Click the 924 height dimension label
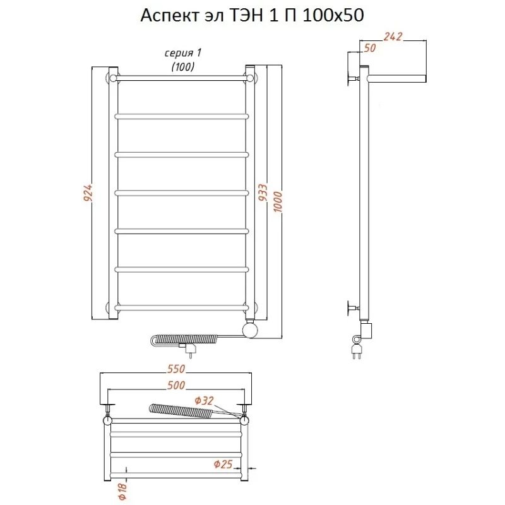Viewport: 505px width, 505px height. click(88, 193)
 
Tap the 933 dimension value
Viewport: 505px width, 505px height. click(263, 193)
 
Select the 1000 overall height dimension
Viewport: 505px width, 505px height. click(278, 202)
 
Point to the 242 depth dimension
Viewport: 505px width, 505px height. click(393, 37)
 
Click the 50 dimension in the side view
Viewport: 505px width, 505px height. click(370, 48)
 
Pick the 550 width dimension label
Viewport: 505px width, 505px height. click(176, 369)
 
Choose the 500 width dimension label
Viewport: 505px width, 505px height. click(176, 385)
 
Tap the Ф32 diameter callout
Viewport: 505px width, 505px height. click(204, 401)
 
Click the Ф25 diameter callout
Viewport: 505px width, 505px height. click(223, 464)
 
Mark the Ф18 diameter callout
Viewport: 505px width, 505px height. click(123, 492)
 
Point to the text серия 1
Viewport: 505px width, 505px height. click(183, 53)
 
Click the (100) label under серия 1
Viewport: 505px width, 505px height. click(183, 67)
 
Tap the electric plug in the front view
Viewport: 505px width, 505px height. click(189, 350)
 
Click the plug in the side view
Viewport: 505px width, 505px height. click(358, 351)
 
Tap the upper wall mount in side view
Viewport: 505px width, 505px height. click(353, 78)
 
